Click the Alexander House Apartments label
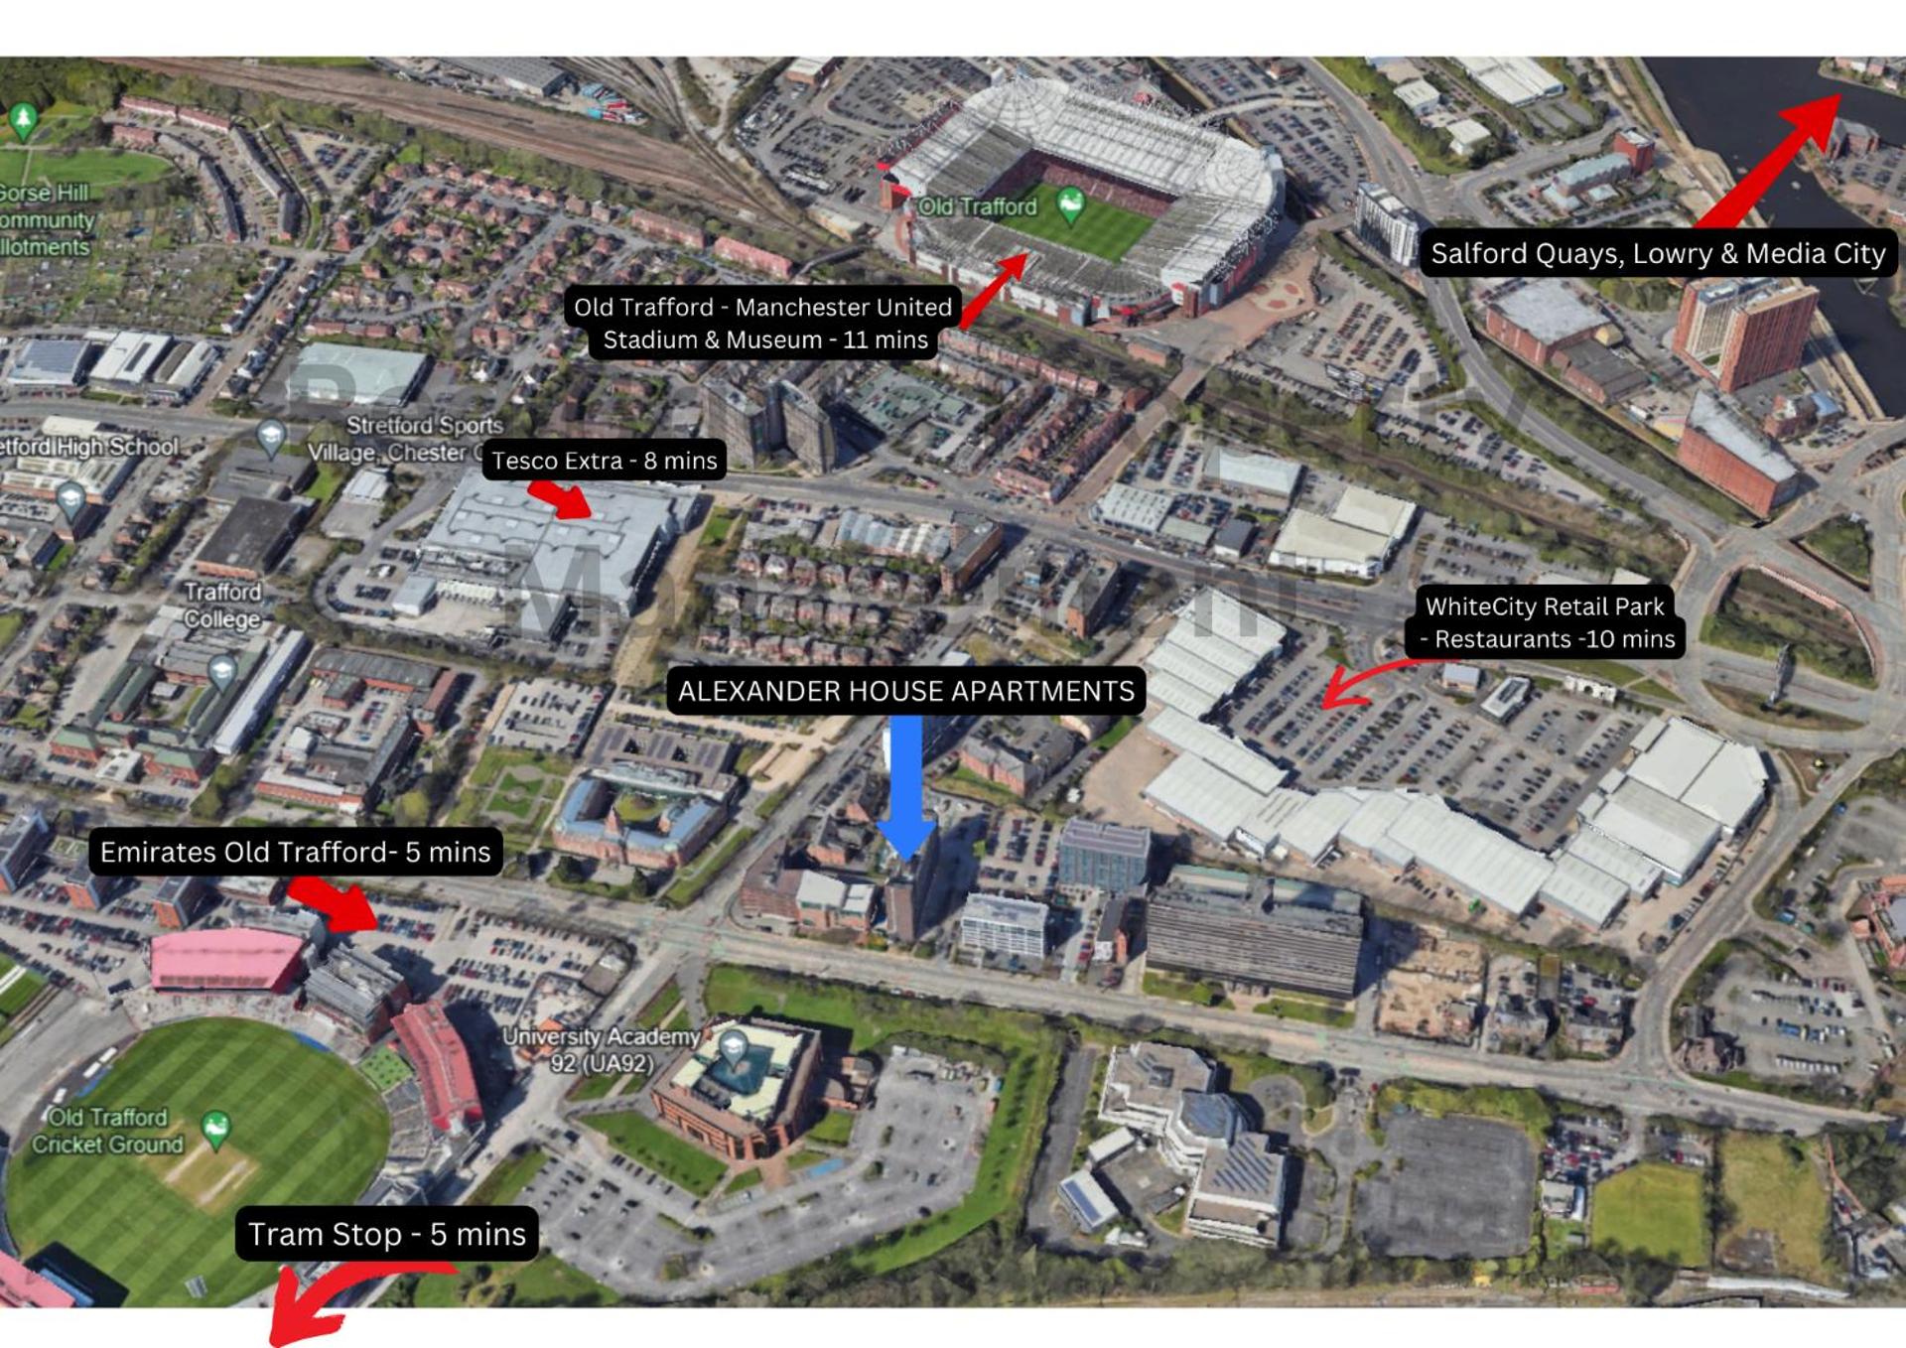pyautogui.click(x=905, y=691)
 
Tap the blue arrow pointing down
pyautogui.click(x=906, y=784)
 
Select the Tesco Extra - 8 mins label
pyautogui.click(x=604, y=461)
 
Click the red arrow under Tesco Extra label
pyautogui.click(x=562, y=499)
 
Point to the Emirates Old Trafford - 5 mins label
pyautogui.click(x=295, y=852)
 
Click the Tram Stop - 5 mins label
pyautogui.click(x=386, y=1234)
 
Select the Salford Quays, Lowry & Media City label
pyautogui.click(x=1657, y=254)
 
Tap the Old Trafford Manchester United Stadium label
pyautogui.click(x=762, y=324)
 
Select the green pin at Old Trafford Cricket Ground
pyautogui.click(x=215, y=1126)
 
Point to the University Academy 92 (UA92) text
pyautogui.click(x=602, y=1049)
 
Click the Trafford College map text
pyautogui.click(x=222, y=605)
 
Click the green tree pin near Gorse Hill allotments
pyautogui.click(x=23, y=118)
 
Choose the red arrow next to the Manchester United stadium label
pyautogui.click(x=994, y=289)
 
